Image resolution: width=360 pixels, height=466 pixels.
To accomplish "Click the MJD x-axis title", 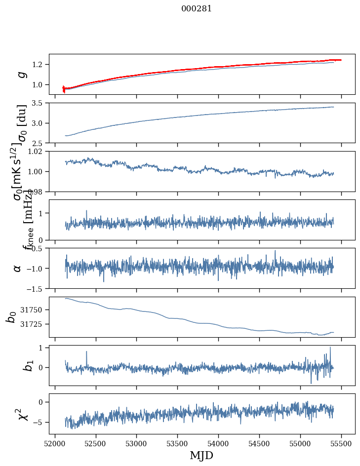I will [202, 455].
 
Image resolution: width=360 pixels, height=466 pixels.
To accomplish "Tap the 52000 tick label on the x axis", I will [55, 443].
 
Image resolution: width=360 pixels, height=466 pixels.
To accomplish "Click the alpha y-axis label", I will [18, 268].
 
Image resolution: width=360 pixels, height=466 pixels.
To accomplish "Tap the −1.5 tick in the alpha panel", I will [36, 288].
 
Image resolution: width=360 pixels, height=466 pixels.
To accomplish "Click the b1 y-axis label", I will [14, 365].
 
